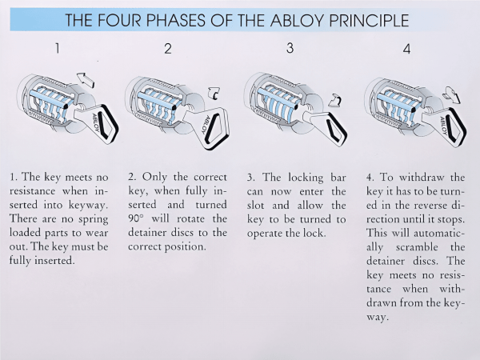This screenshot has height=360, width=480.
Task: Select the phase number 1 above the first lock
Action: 58,48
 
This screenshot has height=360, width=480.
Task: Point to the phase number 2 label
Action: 168,48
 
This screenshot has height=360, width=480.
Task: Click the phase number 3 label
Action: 290,48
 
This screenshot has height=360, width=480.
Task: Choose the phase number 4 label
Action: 406,49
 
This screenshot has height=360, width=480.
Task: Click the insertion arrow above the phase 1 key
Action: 86,79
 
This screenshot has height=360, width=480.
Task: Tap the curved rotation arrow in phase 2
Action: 214,94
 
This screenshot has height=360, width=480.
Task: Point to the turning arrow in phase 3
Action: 335,100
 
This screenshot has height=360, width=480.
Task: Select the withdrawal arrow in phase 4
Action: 451,94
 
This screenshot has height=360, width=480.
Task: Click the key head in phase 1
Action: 101,125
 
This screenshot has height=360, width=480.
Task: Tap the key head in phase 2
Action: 213,129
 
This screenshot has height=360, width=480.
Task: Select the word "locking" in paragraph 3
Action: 306,178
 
